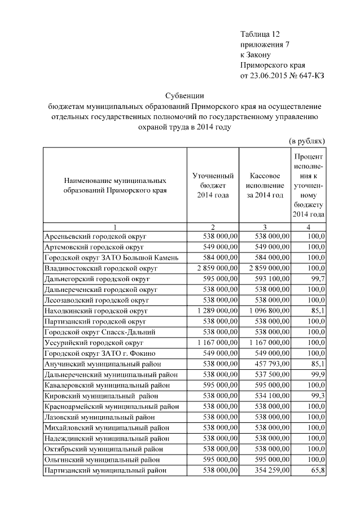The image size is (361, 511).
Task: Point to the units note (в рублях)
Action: pyautogui.click(x=307, y=140)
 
